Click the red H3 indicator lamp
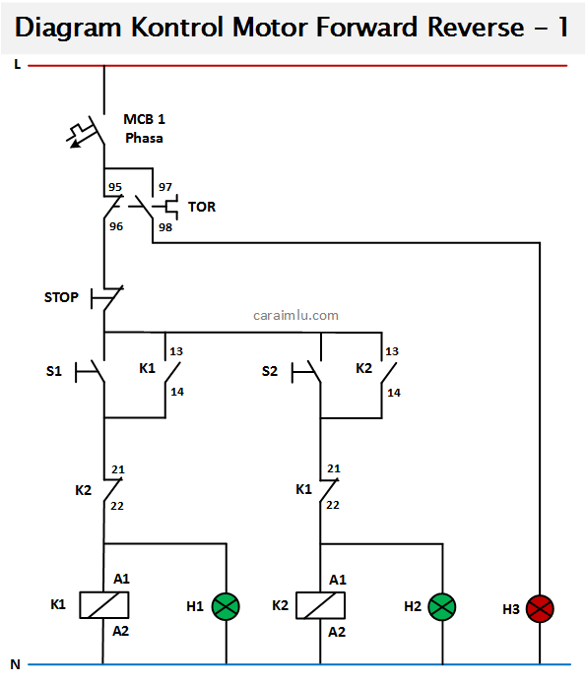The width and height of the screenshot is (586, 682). (540, 608)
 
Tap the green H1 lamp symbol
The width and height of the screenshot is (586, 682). (226, 606)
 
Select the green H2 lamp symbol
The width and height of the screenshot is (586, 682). (442, 607)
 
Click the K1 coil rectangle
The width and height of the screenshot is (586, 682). (104, 605)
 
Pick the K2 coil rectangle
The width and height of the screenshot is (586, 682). (320, 605)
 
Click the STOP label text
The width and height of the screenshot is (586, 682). (61, 297)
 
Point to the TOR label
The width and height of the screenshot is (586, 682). (202, 207)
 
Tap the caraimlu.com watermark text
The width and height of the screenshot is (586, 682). (295, 315)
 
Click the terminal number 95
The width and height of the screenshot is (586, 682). (115, 187)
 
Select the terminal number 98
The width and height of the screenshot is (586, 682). (165, 227)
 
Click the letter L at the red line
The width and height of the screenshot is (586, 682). (18, 64)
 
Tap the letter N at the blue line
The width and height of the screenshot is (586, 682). (15, 664)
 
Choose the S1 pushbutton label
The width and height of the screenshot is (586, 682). (54, 371)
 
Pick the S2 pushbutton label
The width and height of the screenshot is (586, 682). (270, 371)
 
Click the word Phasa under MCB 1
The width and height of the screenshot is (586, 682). (144, 139)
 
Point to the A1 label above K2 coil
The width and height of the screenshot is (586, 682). (338, 580)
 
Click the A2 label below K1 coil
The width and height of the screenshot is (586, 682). (120, 631)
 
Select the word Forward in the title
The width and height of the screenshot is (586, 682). (366, 27)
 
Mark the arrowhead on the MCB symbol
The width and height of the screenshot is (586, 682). (75, 144)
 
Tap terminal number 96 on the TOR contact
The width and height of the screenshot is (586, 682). (116, 226)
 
